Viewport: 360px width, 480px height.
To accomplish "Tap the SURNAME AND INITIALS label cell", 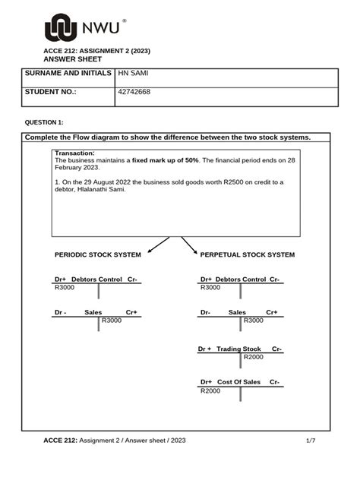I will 68,74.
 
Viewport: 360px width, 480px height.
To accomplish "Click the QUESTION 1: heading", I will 45,122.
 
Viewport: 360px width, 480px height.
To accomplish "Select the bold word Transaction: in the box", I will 74,153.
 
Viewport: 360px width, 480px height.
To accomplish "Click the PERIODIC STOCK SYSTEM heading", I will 97,254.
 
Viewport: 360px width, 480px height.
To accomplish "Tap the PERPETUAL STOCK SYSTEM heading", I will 247,254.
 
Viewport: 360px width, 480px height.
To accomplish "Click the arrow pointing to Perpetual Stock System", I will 189,245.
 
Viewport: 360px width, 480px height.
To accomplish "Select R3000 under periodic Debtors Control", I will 65,288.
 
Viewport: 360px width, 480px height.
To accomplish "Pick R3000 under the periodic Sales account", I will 112,321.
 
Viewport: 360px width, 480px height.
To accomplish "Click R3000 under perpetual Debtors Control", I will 210,288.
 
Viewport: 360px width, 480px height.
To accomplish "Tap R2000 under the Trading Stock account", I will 254,357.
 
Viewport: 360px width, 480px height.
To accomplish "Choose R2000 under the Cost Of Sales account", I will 210,390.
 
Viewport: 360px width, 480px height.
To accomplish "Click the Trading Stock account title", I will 238,349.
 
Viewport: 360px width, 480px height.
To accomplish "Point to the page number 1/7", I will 310,440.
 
